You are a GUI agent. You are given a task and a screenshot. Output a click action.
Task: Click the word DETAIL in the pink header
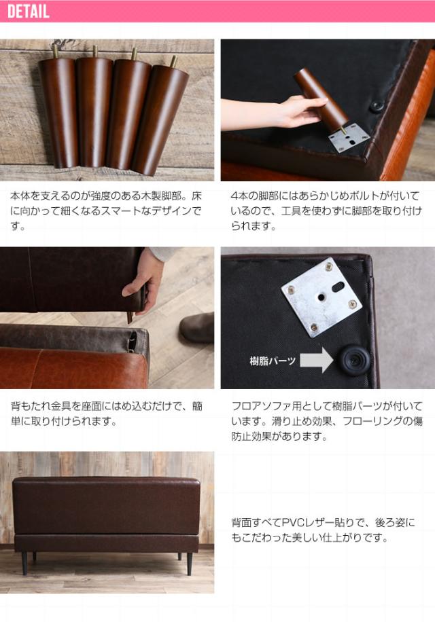coord(28,11)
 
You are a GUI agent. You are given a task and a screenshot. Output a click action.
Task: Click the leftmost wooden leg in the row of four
coord(60,112)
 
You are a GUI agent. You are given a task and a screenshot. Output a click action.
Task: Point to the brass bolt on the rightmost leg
coord(173,61)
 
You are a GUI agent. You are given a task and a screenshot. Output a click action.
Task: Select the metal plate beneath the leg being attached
coord(349,137)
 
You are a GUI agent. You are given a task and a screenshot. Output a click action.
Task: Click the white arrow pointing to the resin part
coord(316,360)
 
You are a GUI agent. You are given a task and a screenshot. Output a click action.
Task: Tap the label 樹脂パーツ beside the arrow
coord(273,361)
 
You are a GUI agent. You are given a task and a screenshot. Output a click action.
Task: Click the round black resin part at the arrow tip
coord(354,359)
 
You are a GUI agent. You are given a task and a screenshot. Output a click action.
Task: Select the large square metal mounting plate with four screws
coord(321,297)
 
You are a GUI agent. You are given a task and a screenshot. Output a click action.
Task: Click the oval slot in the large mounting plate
coord(336,286)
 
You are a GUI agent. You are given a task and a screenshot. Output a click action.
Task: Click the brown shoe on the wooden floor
coord(197,328)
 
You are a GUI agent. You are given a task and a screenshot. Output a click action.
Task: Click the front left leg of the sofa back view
coord(24,563)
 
